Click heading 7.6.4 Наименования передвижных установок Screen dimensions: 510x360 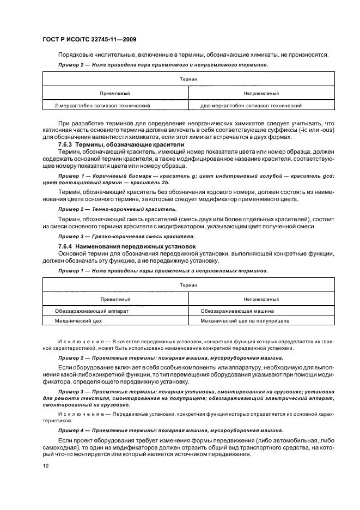pyautogui.click(x=112, y=247)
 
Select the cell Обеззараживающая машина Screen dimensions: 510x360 pyautogui.click(x=237, y=311)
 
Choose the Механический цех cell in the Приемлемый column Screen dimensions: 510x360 pyautogui.click(x=78, y=321)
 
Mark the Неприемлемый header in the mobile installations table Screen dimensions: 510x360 pyautogui.click(x=261, y=299)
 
